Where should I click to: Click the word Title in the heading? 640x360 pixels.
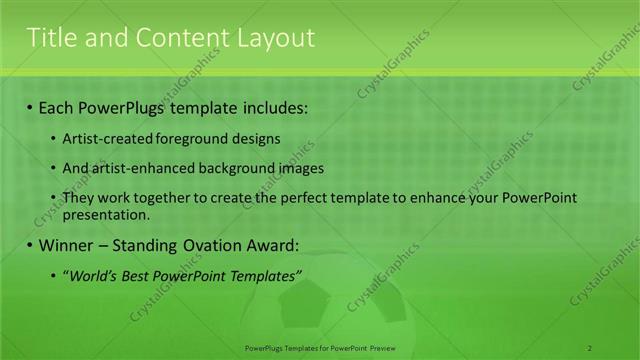point(49,38)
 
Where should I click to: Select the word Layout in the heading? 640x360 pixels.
point(275,38)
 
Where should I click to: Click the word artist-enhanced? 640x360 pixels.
point(141,168)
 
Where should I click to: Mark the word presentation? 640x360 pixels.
point(106,214)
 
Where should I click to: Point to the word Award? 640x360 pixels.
point(273,245)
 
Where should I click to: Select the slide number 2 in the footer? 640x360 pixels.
point(590,347)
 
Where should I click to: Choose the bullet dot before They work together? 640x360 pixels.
point(54,198)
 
